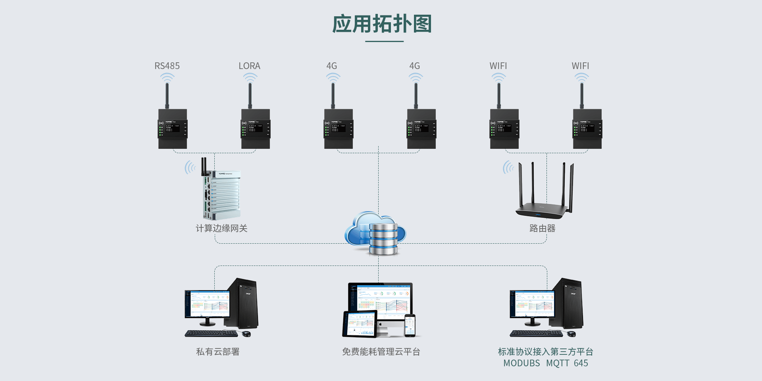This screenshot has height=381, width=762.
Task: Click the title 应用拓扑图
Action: tap(382, 24)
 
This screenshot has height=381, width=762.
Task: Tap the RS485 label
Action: tap(167, 66)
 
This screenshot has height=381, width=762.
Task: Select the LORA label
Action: tap(249, 66)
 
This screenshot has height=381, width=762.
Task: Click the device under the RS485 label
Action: tap(173, 129)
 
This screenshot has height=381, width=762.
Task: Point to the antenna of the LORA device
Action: tap(250, 95)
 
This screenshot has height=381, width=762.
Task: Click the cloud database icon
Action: tap(375, 234)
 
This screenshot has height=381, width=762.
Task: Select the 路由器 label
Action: tap(542, 228)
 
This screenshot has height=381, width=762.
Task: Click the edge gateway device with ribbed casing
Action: tap(221, 194)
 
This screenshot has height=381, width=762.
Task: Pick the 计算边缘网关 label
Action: tap(221, 228)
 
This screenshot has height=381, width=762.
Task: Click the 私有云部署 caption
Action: tap(217, 352)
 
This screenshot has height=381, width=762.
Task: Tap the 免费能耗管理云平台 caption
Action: tap(381, 352)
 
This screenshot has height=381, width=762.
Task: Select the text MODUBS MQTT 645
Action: tap(545, 363)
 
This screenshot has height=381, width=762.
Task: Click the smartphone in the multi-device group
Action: tap(410, 325)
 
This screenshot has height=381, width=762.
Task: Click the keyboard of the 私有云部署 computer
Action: tap(211, 334)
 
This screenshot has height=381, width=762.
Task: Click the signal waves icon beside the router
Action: tap(508, 167)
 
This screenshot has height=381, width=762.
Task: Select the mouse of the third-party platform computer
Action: tap(571, 334)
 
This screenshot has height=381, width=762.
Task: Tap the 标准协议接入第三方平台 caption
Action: tap(545, 352)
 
